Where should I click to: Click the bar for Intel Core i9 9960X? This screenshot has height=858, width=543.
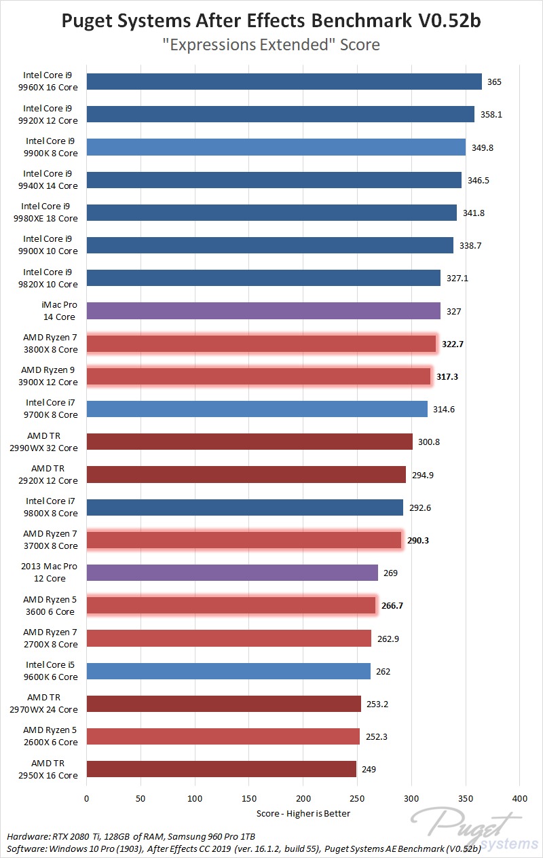tap(284, 82)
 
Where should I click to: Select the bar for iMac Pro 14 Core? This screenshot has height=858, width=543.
tap(263, 311)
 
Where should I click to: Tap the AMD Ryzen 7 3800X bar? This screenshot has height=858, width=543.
tap(261, 344)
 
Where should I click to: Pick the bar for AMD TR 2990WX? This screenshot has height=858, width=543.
tap(249, 442)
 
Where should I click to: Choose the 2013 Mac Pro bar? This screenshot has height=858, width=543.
tap(232, 573)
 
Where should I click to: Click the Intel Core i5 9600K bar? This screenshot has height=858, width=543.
tap(228, 671)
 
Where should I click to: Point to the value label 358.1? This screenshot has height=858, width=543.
tap(491, 115)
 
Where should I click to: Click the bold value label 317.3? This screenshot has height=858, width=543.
tap(447, 376)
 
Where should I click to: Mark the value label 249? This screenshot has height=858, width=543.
tap(369, 770)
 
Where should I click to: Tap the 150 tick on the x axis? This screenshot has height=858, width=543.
tap(249, 798)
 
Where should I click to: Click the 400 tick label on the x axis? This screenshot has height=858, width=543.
tap(519, 798)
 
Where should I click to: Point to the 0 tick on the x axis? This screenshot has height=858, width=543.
tap(87, 798)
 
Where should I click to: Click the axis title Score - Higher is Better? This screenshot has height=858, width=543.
tap(303, 813)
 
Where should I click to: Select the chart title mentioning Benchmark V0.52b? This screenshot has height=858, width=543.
tap(271, 21)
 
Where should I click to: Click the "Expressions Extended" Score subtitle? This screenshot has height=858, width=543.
tap(271, 45)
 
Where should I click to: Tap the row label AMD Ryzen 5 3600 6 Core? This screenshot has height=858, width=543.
tap(50, 605)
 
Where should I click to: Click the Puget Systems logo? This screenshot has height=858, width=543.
tap(469, 828)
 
